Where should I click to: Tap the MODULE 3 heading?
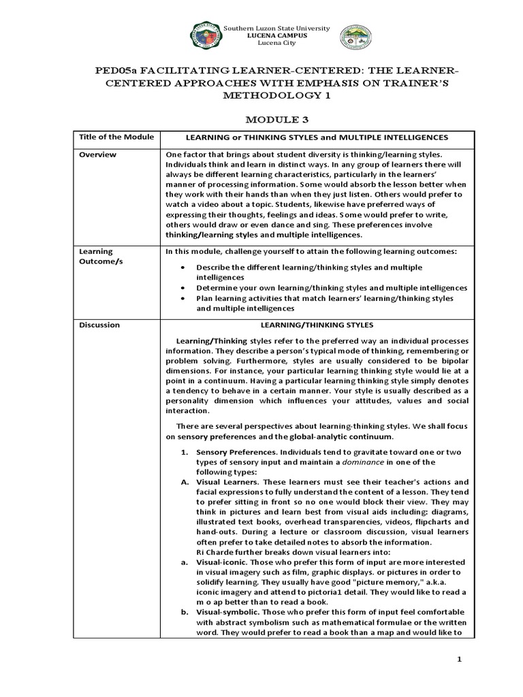coord(261,120)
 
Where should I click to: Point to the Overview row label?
coord(97,155)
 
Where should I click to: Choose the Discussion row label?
coord(99,325)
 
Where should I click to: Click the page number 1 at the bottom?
coord(459,660)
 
